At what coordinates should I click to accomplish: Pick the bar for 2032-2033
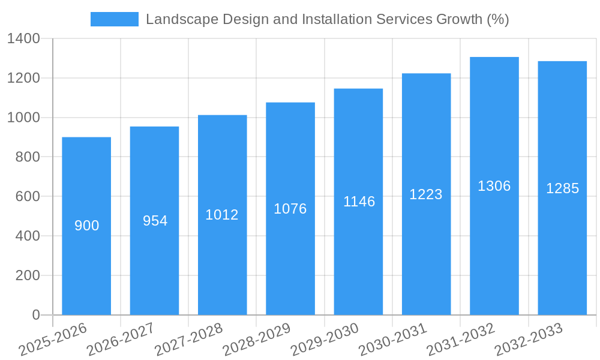(x=562, y=252)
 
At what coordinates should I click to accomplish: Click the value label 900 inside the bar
(x=86, y=226)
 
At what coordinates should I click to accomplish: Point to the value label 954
(x=155, y=221)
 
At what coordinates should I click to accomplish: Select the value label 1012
(x=222, y=215)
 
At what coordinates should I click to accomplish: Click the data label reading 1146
(x=359, y=202)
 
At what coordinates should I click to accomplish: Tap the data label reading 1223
(x=426, y=194)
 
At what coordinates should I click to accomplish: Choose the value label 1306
(x=494, y=186)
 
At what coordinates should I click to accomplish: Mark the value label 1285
(x=562, y=188)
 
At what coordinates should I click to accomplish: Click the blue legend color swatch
(x=114, y=19)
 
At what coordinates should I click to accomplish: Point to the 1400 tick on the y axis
(x=23, y=38)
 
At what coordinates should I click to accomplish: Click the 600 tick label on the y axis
(x=27, y=196)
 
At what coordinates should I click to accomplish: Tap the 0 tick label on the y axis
(x=36, y=315)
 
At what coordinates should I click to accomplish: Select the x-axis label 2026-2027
(x=121, y=339)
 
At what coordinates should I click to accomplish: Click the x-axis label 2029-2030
(x=325, y=339)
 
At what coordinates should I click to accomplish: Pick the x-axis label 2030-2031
(x=393, y=339)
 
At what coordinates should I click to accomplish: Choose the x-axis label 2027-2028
(x=189, y=339)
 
